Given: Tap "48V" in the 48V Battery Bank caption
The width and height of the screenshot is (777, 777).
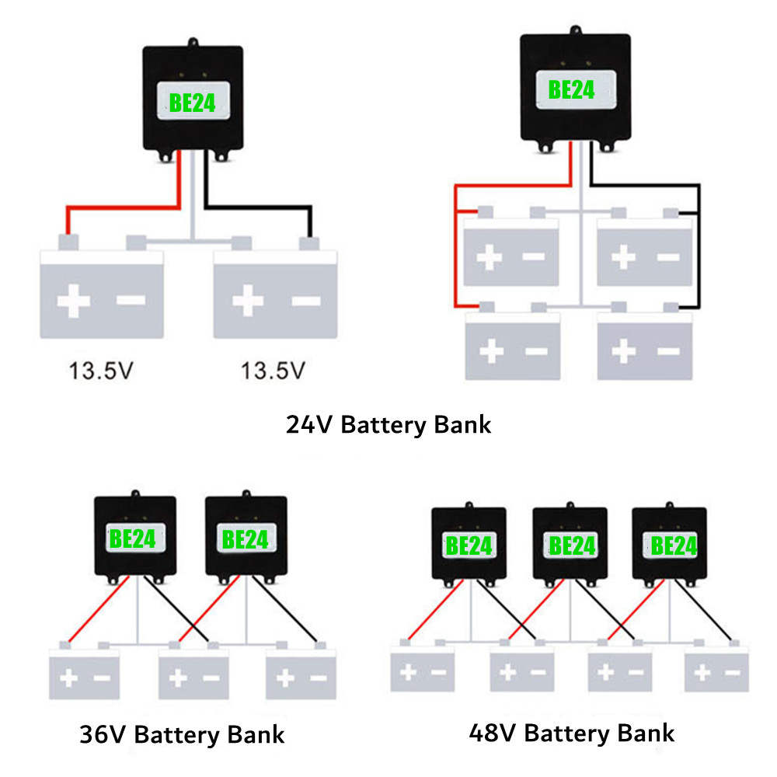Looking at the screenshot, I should point(493,732).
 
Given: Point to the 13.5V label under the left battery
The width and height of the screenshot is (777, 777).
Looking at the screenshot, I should point(101,371).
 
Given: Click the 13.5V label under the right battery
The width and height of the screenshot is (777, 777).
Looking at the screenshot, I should point(273,371).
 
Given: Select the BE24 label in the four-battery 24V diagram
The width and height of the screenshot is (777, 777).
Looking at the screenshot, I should point(571,90).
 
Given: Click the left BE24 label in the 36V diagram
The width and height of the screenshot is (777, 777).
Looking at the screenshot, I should point(133,538).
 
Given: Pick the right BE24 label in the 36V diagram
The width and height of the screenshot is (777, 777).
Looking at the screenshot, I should point(245,538).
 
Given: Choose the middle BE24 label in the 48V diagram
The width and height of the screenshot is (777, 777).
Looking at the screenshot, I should point(572,546).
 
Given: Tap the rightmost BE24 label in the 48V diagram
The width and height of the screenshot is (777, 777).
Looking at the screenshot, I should point(674,546).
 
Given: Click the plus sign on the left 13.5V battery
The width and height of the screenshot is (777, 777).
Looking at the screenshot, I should point(73,301).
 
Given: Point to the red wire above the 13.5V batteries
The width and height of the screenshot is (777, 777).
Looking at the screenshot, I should point(124,207).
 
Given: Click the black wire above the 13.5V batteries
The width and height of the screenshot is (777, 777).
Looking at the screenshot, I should point(256,207).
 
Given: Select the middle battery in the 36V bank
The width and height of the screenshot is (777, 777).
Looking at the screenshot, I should point(193,674).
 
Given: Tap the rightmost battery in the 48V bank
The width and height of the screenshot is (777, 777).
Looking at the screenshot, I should point(716,669).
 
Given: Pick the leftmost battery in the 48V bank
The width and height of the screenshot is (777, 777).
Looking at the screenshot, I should point(422,669).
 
